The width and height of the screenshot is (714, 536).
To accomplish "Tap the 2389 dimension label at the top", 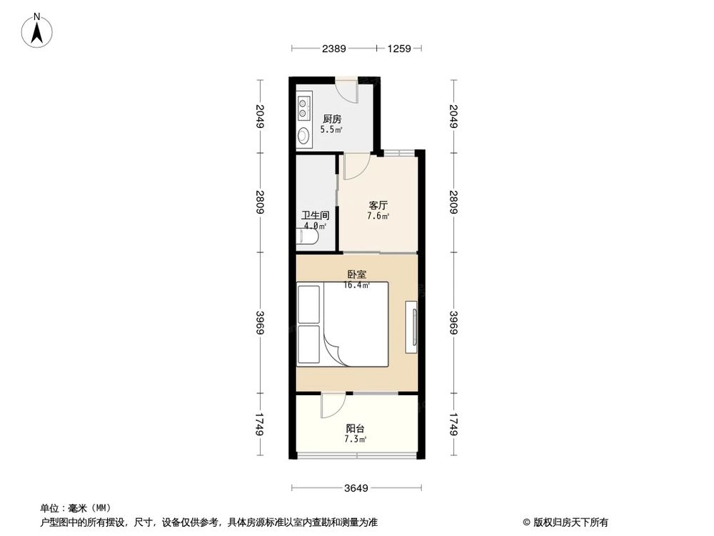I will pos(334,49).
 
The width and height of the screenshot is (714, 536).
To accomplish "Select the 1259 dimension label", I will pos(400,49).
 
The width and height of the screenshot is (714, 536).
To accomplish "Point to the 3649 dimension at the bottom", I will pos(356,489).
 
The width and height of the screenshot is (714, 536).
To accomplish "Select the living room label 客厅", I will pos(378,205).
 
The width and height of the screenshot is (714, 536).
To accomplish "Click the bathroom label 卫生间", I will pos(315,215).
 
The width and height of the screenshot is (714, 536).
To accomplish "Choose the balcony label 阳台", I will pos(356,429).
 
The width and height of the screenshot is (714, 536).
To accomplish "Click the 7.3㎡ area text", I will pos(356,440).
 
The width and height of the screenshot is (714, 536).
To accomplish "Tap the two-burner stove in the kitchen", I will pos(304,108).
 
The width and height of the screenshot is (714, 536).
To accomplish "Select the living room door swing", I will pos(355,167).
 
